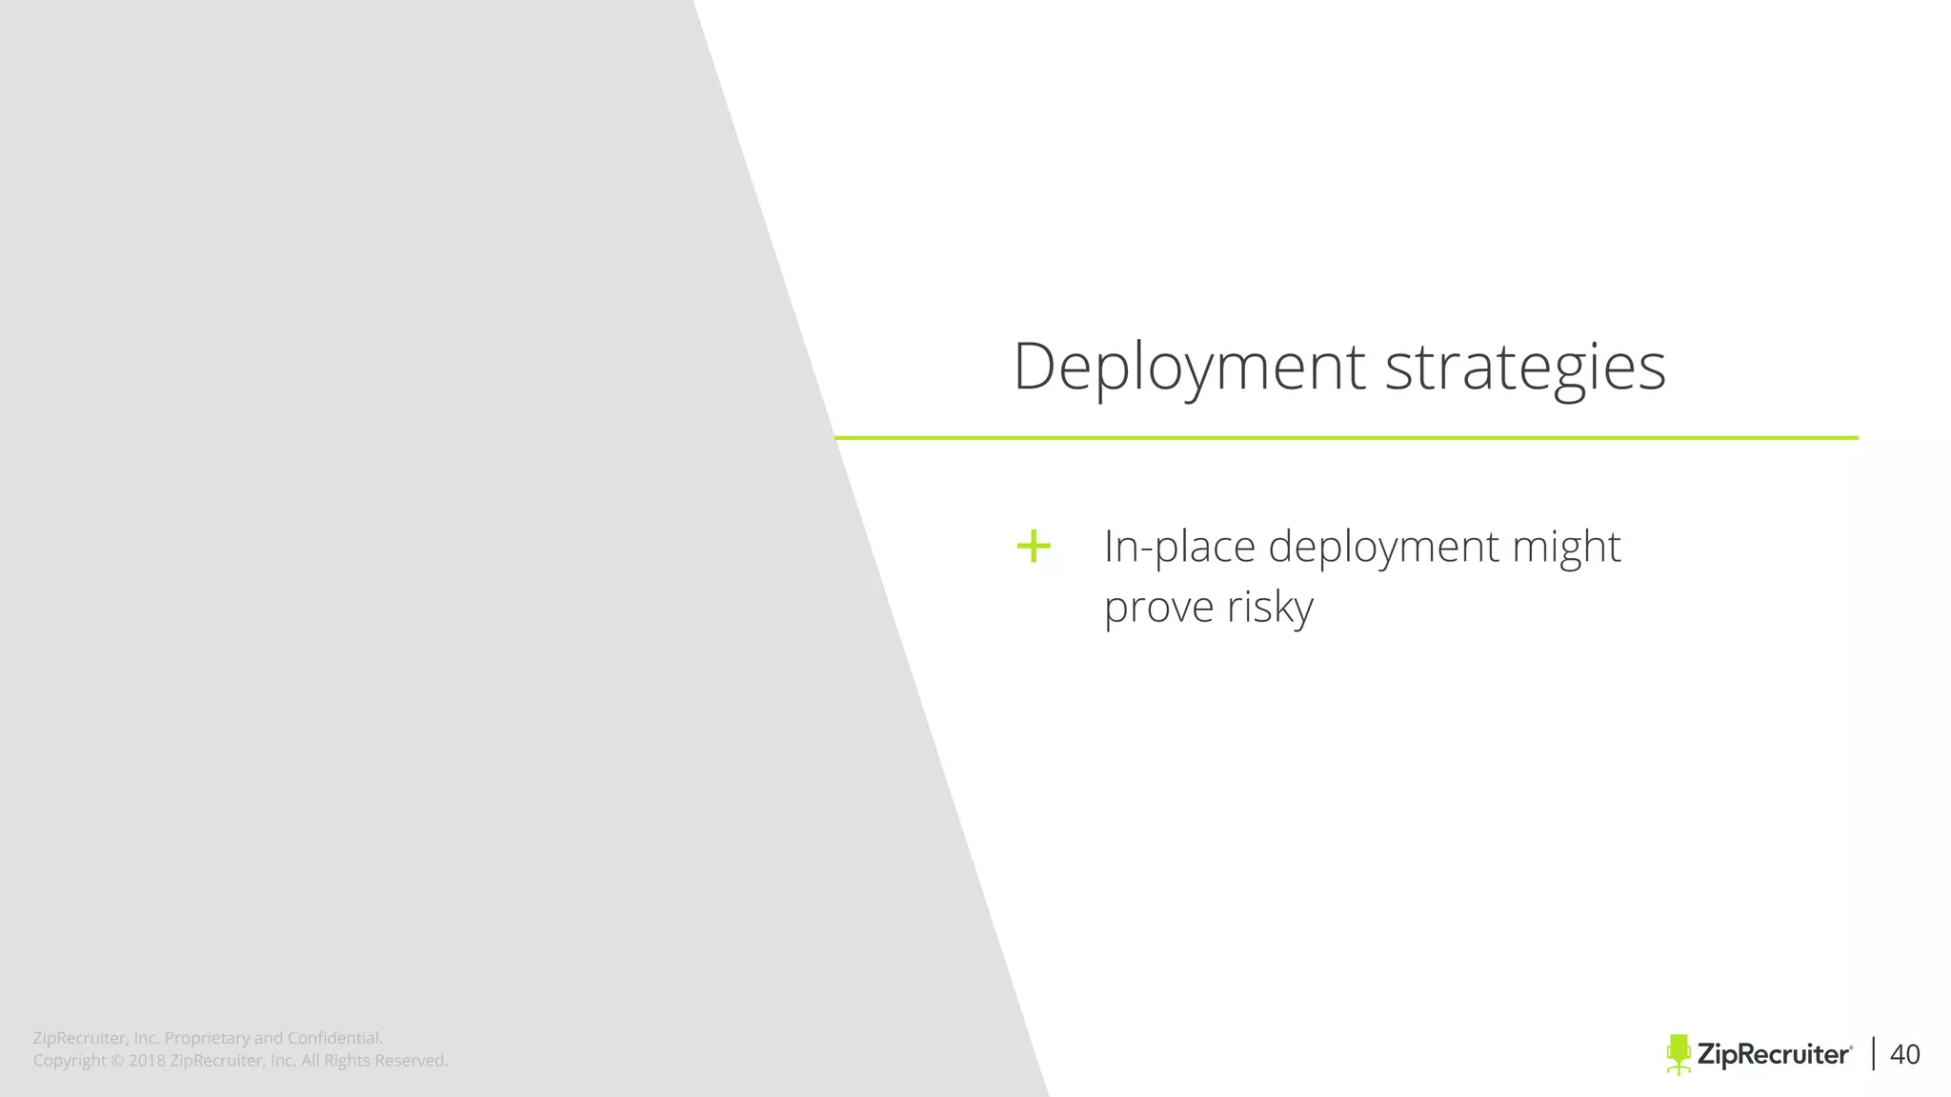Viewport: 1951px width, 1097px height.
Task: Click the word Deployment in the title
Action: click(x=1189, y=367)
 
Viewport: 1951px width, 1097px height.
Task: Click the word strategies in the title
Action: click(x=1524, y=367)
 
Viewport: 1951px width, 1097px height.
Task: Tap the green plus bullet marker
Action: click(x=1033, y=547)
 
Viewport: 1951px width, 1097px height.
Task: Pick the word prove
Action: click(x=1158, y=608)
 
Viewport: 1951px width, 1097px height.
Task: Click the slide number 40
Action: click(x=1904, y=1054)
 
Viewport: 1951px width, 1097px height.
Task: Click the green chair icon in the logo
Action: click(x=1679, y=1054)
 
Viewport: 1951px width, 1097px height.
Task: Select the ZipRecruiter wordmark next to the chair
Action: click(x=1774, y=1054)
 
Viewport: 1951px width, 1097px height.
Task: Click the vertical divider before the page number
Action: click(x=1874, y=1054)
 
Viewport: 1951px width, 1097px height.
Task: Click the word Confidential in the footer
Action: click(x=334, y=1038)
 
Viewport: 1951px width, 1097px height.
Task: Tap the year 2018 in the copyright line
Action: click(x=147, y=1061)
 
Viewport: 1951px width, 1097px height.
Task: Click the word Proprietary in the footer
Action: click(x=207, y=1038)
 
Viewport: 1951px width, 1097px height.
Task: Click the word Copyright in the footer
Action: click(x=69, y=1061)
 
